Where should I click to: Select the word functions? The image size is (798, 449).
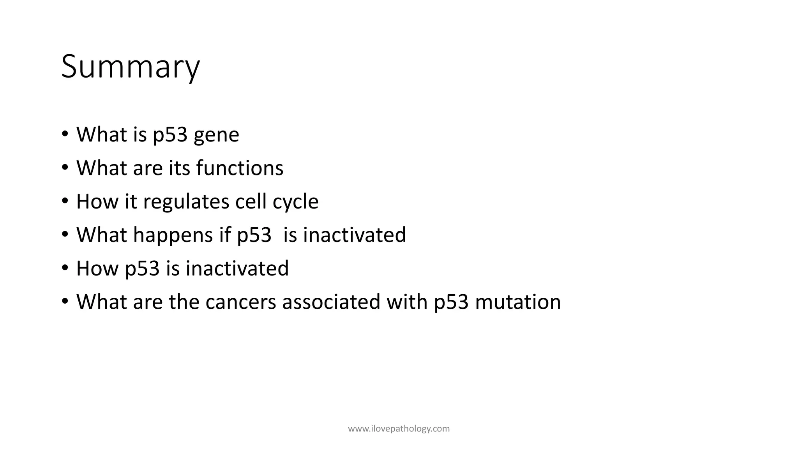tap(240, 168)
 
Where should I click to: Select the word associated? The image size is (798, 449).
tap(331, 302)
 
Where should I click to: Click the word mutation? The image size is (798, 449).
tap(518, 302)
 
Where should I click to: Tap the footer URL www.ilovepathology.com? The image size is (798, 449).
tap(399, 429)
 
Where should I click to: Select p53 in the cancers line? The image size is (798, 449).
tap(451, 302)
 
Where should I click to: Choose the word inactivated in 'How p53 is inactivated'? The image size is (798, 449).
tap(237, 268)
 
